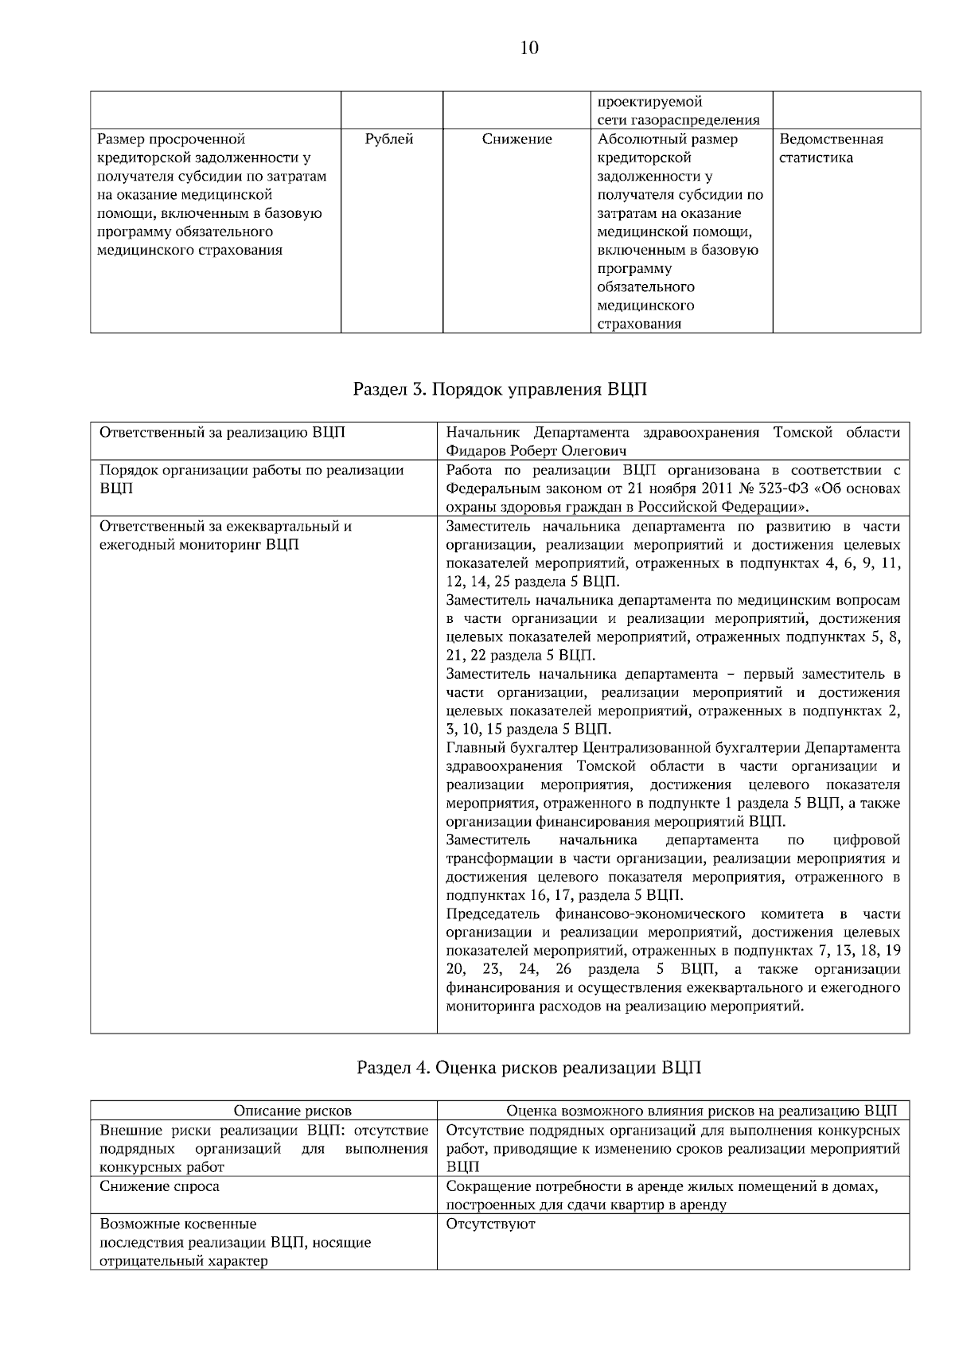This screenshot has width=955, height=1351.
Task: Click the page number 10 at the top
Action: click(x=529, y=49)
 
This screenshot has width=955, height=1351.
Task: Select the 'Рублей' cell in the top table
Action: click(x=389, y=139)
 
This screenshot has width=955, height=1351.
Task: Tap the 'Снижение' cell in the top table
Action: click(x=516, y=139)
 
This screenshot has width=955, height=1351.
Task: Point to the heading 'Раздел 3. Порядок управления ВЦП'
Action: click(x=500, y=390)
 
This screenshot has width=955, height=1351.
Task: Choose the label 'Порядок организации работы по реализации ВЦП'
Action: click(x=251, y=479)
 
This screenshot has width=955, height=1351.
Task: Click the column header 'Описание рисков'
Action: click(x=292, y=1111)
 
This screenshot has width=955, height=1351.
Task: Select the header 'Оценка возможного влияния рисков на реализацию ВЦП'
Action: click(x=701, y=1111)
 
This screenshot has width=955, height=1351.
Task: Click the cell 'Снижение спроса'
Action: click(x=160, y=1186)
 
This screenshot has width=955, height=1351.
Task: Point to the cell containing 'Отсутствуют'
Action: click(x=491, y=1224)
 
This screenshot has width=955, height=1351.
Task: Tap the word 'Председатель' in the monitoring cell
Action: click(x=493, y=914)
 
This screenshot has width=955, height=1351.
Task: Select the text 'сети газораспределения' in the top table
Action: click(x=679, y=120)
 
